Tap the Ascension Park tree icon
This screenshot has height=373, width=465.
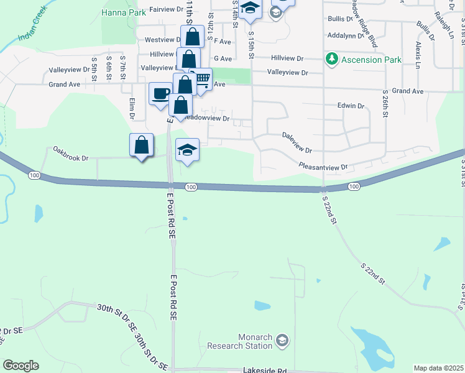[332, 60]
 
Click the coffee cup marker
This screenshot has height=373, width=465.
[160, 94]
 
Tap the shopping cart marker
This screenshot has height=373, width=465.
[201, 79]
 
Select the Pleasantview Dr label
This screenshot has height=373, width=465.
[323, 167]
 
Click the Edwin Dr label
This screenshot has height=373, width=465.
[351, 106]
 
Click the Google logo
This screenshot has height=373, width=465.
[21, 366]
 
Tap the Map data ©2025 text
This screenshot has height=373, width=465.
[438, 368]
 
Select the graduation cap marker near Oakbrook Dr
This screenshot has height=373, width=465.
[187, 150]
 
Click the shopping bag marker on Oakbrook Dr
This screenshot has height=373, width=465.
[142, 145]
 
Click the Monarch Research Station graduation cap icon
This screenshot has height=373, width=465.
[282, 339]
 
